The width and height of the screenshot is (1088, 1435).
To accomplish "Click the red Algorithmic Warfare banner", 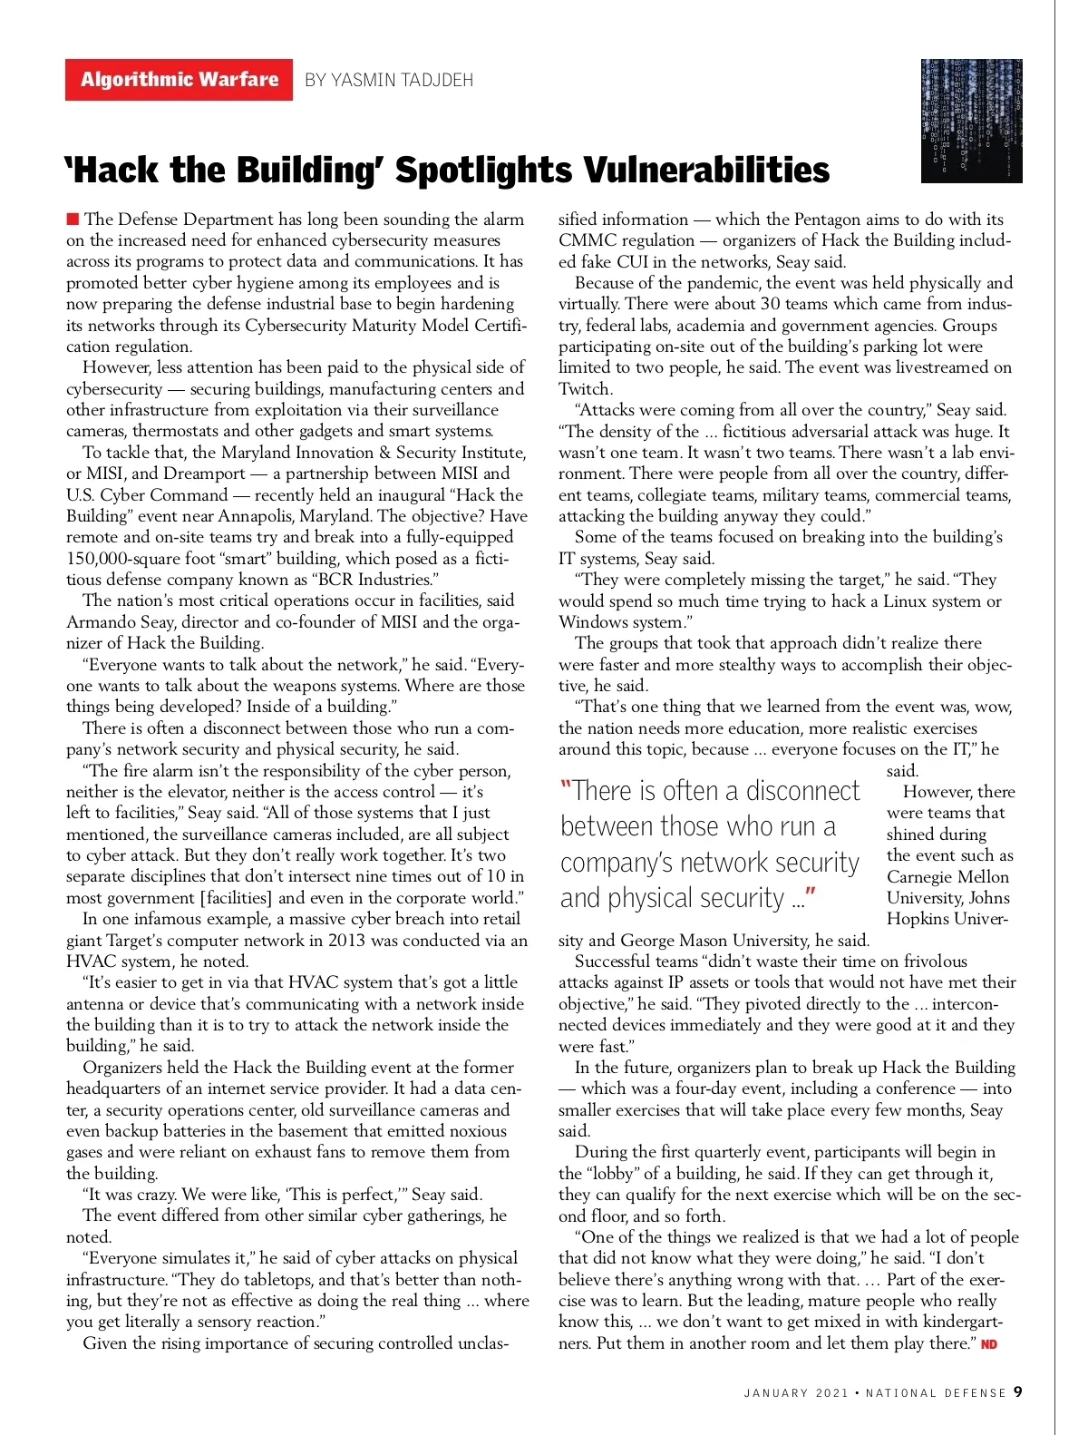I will pos(179,80).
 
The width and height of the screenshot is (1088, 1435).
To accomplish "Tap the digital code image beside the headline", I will pos(971,121).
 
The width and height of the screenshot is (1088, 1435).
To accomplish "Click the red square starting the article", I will pos(73,219).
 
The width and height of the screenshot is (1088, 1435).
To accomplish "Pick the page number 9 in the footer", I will pos(1018,1391).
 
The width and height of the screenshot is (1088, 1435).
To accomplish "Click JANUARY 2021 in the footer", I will pos(796,1392).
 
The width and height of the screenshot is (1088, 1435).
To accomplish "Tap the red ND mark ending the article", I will pos(989,1343).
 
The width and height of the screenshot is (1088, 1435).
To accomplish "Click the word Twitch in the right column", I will pos(585,388).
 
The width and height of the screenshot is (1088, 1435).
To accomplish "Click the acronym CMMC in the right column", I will pos(588,240).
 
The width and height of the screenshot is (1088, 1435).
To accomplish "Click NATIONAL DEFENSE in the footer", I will pos(936,1392).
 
